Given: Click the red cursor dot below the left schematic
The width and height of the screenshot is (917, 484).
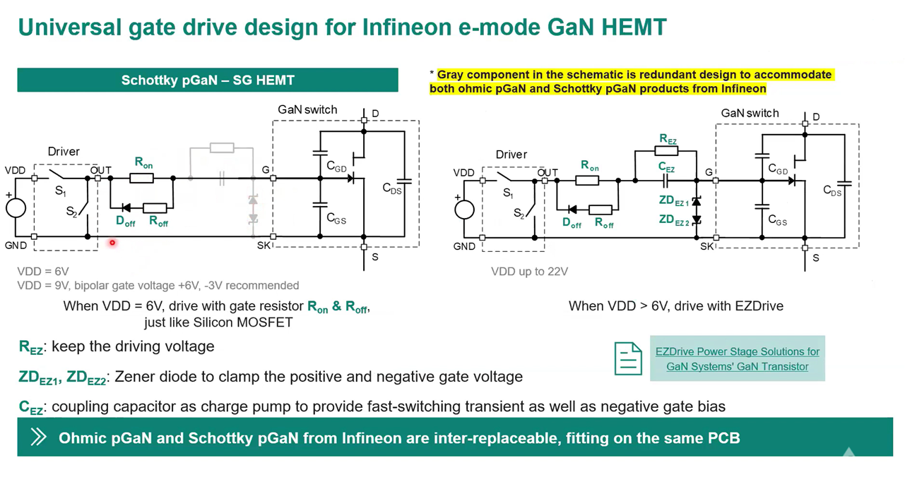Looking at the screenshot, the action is (x=112, y=243).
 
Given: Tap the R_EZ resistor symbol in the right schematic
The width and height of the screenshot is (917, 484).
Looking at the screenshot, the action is (x=666, y=151).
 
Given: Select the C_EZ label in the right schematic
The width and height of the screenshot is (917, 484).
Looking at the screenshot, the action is (x=666, y=167).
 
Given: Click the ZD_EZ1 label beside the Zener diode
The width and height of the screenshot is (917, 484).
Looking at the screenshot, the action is (x=674, y=200).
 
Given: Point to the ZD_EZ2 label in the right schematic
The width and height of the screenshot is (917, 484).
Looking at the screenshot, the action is (x=674, y=220).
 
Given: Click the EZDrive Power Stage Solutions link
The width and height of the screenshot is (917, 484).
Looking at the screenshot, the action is (x=738, y=359).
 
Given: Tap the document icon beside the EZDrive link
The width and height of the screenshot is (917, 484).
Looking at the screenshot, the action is (x=628, y=358).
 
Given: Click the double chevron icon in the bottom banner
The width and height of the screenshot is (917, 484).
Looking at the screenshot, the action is (x=39, y=437).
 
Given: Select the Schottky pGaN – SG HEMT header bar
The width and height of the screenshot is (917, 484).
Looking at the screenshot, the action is (x=208, y=80).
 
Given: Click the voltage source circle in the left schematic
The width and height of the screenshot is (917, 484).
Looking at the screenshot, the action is (x=16, y=208).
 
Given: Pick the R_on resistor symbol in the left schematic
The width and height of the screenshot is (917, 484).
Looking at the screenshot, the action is (x=141, y=178).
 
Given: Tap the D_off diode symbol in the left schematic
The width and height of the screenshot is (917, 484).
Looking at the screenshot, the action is (x=126, y=208).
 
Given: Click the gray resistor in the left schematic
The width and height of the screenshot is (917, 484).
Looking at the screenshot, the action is (x=222, y=147).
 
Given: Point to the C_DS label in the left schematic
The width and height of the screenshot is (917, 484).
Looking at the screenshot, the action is (x=392, y=188).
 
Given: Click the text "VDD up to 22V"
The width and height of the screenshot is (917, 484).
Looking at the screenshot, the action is (x=529, y=272).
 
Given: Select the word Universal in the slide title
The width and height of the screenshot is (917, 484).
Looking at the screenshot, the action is (x=70, y=28).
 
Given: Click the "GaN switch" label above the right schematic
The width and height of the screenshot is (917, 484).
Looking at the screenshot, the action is (x=750, y=113).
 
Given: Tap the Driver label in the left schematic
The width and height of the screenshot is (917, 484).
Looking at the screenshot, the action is (x=64, y=152).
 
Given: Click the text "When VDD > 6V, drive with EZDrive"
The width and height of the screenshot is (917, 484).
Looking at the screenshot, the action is (x=676, y=306).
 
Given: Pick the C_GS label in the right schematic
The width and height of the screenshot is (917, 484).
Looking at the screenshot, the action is (x=777, y=221).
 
